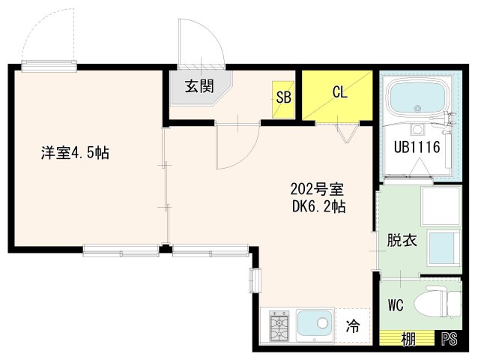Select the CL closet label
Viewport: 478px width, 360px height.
339,93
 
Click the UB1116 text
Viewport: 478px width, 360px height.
416,147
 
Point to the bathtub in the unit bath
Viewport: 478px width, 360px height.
415,97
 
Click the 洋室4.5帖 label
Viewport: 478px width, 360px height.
75,154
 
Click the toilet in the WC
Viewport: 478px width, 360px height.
441,303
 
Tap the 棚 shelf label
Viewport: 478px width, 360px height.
408,339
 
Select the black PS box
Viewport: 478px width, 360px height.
449,339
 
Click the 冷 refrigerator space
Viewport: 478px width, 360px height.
353,327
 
